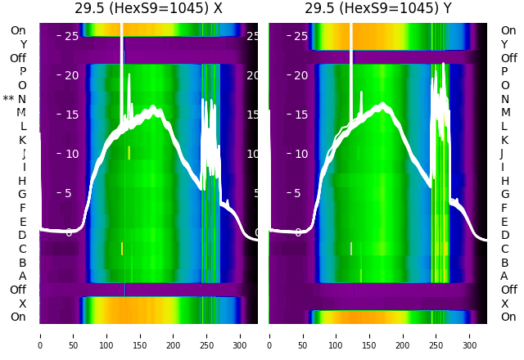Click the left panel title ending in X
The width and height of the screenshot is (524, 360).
[148, 9]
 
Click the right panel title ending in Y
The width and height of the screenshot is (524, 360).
[378, 9]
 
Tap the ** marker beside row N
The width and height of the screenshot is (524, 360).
[8, 99]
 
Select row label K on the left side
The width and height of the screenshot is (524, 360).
[22, 140]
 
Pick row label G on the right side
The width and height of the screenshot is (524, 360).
[504, 194]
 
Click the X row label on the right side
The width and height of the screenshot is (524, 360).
[504, 304]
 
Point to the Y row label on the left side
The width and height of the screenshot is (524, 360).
[22, 44]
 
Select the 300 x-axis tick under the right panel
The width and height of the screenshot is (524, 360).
[470, 335]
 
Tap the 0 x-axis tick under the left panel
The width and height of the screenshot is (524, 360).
[39, 335]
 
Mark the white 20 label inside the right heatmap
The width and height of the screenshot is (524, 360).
[300, 75]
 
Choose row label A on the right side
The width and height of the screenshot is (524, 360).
[504, 276]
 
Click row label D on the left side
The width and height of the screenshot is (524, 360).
[22, 235]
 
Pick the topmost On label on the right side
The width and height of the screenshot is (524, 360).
[508, 30]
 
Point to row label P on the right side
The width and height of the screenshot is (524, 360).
[504, 71]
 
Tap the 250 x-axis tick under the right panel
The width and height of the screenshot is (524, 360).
[436, 335]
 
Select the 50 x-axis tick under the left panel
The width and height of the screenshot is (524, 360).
[73, 335]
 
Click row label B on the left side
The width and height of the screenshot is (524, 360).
[22, 263]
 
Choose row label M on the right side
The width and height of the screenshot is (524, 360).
[504, 112]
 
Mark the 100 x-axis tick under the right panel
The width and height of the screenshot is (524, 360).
[336, 335]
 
